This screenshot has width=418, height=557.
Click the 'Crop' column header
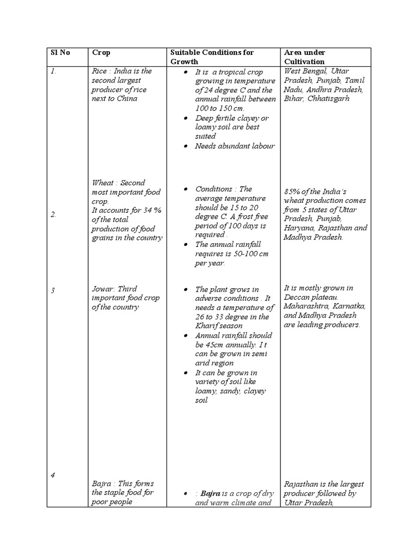[x=101, y=53]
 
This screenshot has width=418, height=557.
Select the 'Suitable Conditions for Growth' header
[x=212, y=57]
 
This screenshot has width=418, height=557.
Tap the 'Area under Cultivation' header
[x=304, y=57]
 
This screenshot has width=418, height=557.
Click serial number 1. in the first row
[x=53, y=71]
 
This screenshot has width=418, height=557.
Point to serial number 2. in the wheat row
[x=53, y=214]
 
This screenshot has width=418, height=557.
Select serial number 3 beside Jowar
[x=53, y=290]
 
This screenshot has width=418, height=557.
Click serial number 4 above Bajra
[x=53, y=475]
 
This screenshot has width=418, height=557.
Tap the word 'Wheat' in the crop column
[x=104, y=183]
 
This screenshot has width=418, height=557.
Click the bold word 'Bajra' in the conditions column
[x=210, y=493]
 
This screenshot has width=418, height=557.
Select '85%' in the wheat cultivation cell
[x=292, y=191]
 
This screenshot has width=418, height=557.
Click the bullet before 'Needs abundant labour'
[x=186, y=146]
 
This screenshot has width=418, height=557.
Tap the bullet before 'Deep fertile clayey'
[x=186, y=118]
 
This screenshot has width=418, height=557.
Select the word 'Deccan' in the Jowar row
[x=297, y=298]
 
